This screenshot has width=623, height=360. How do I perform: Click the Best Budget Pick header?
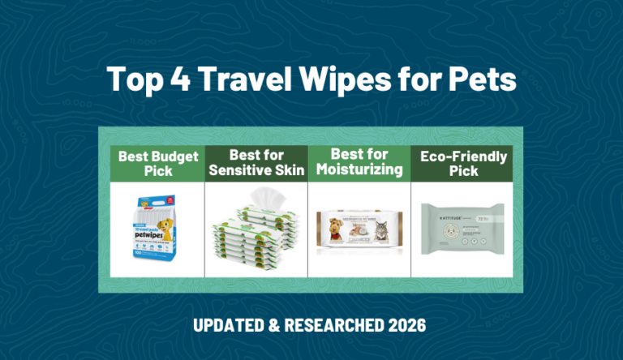[x=158, y=163]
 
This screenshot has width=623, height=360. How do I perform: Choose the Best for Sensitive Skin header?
[x=256, y=163]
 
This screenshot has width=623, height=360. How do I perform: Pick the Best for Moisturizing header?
[x=358, y=163]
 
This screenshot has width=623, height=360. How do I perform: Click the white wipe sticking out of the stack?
[x=264, y=197]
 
